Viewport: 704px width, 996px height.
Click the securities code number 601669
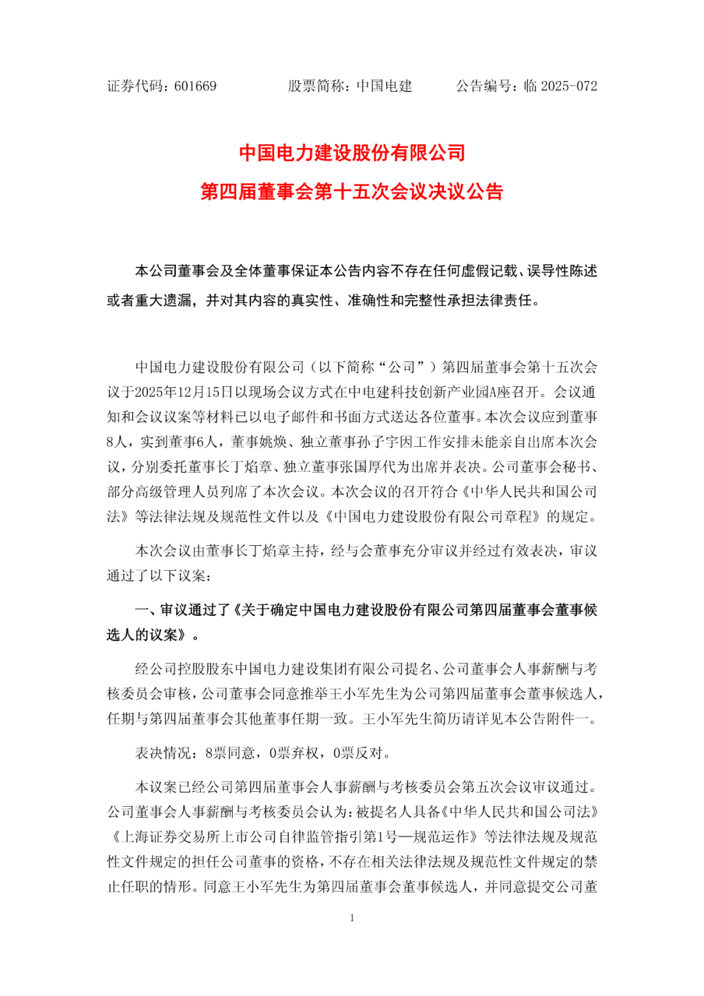pos(195,86)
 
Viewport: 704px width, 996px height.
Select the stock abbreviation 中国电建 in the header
pos(384,86)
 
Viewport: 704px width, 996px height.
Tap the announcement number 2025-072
pos(569,86)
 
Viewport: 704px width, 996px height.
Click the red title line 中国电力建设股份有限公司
pos(352,153)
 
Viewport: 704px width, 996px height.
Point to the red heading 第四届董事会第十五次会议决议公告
pos(352,192)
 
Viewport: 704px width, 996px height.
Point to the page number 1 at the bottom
pos(352,918)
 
